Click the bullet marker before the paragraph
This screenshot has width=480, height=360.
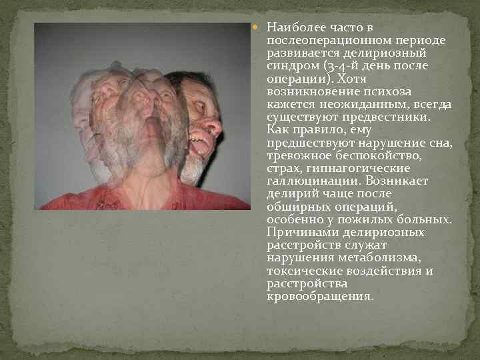(261, 28)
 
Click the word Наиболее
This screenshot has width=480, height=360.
(292, 28)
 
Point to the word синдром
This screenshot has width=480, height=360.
(290, 65)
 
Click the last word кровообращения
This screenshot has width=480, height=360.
(318, 295)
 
